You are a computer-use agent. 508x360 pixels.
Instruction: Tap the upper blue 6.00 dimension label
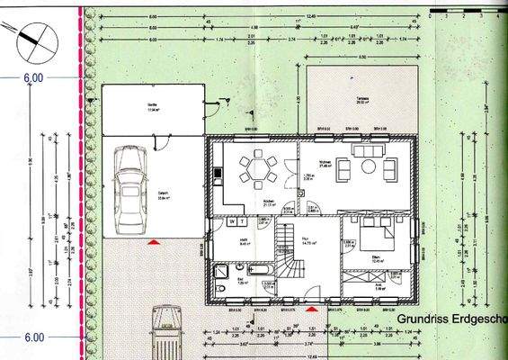[33, 79]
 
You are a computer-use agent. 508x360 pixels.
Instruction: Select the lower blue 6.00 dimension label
[33, 337]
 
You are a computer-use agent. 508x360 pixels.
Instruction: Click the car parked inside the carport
[131, 178]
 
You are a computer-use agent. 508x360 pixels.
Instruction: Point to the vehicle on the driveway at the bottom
[166, 333]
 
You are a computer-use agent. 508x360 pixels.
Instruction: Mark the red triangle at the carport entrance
[155, 241]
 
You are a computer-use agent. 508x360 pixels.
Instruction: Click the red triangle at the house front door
[312, 308]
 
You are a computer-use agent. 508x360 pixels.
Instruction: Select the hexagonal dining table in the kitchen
[260, 166]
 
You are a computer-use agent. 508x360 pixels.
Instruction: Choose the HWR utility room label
[231, 241]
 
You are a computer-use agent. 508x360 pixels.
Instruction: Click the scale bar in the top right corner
[468, 14]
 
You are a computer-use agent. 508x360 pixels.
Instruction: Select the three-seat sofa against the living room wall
[370, 150]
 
